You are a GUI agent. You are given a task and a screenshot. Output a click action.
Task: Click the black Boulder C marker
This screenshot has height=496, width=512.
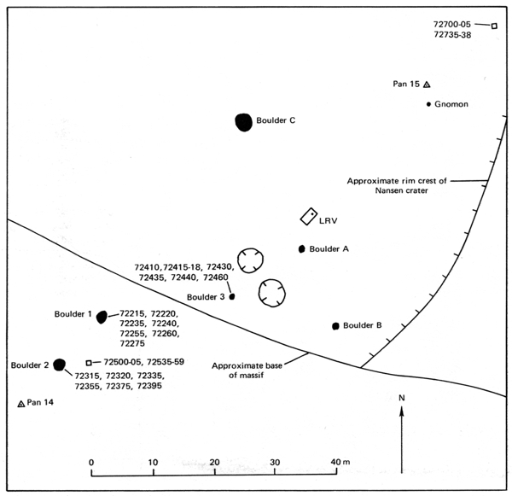click(244, 121)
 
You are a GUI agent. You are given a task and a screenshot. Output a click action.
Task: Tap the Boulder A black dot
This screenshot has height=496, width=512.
click(301, 249)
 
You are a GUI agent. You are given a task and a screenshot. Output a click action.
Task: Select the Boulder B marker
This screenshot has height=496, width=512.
click(336, 326)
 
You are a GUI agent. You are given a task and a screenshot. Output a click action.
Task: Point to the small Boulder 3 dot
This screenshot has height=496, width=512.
click(232, 296)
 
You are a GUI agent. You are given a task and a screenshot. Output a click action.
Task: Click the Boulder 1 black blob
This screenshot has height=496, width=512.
click(102, 317)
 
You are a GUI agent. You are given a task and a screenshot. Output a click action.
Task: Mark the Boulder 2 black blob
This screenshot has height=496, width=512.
click(59, 365)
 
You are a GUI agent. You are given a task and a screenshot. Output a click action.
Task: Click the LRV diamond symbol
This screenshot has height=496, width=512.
click(309, 217)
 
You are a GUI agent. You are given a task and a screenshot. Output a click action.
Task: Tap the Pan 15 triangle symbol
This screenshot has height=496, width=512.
click(427, 85)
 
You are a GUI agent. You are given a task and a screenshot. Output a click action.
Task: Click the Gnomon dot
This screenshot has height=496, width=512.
click(428, 104)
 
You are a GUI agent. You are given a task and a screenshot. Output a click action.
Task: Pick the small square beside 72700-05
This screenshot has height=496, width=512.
click(494, 26)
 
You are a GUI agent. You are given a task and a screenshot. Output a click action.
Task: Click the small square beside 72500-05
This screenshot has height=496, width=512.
click(89, 362)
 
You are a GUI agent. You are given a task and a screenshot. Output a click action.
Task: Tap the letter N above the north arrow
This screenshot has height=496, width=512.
click(401, 399)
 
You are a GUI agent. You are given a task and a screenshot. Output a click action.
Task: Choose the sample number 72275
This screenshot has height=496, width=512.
click(134, 343)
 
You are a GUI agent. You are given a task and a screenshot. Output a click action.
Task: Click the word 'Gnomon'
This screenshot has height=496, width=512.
click(453, 104)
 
